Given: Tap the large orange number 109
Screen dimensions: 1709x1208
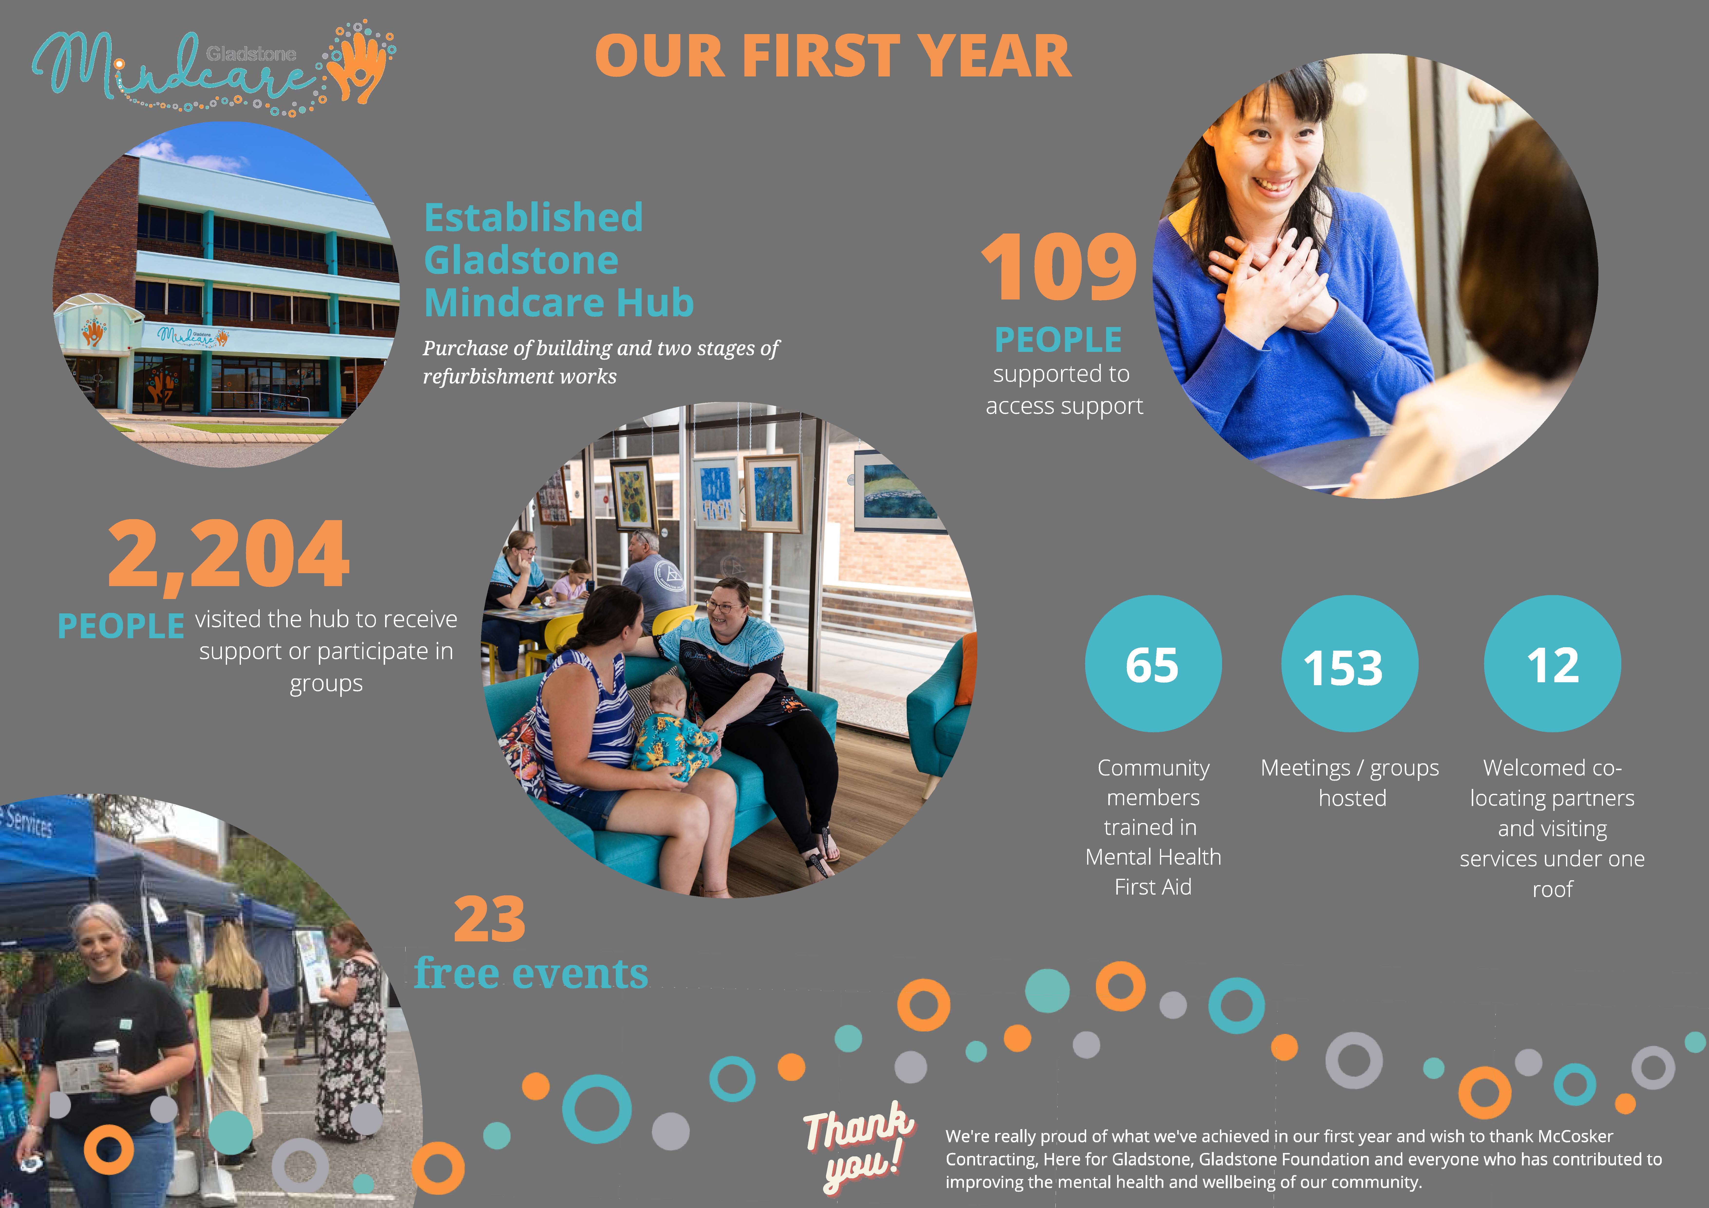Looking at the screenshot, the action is [1059, 266].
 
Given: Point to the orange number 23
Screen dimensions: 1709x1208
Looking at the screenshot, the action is [489, 920].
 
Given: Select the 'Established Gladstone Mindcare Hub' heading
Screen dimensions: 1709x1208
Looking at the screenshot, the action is [558, 260].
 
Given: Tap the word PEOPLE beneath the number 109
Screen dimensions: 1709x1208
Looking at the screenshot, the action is [1058, 340].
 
